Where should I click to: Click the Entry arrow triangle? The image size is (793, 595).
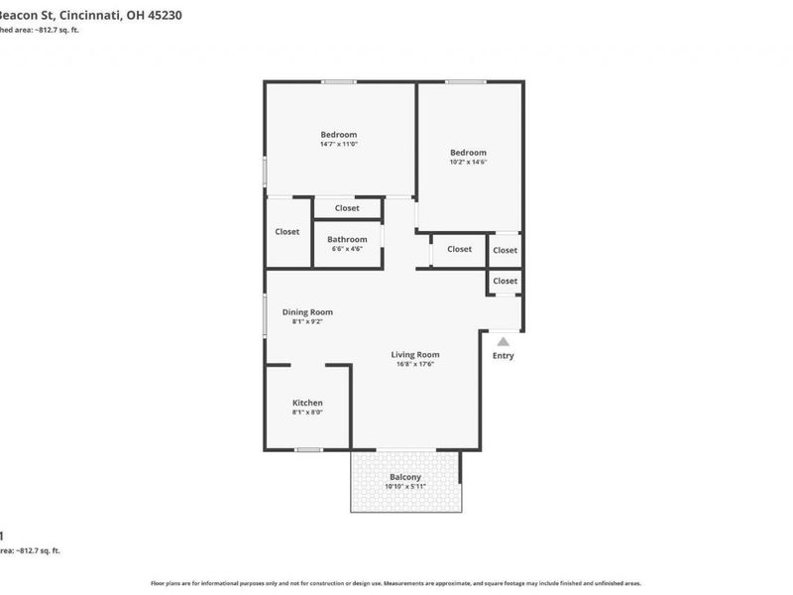pos(504,342)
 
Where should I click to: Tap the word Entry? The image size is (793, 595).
pos(504,356)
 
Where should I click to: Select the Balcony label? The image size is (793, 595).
pos(405,477)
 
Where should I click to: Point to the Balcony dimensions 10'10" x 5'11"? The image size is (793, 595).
pos(405,487)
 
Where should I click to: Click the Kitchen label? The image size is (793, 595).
pos(307,403)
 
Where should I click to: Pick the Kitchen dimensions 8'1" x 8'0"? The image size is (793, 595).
pos(307,413)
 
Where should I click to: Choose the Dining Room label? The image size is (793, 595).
pos(307,311)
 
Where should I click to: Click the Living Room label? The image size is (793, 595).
pos(415,354)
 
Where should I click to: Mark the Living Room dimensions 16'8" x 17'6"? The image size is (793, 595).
pos(415,364)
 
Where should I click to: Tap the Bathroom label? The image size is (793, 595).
pos(347,239)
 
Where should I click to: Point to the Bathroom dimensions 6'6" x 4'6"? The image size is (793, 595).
pos(347,249)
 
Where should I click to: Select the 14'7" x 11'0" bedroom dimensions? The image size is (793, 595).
pos(338,145)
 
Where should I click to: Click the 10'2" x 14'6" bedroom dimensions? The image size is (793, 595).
pos(469,162)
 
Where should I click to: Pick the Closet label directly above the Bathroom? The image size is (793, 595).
pos(347,208)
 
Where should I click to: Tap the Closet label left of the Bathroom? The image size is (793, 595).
pos(287,232)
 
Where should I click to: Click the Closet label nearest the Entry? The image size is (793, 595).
pos(506,281)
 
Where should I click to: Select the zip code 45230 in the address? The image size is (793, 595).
pos(164,16)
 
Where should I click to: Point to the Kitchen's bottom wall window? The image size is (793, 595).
pos(308,449)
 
